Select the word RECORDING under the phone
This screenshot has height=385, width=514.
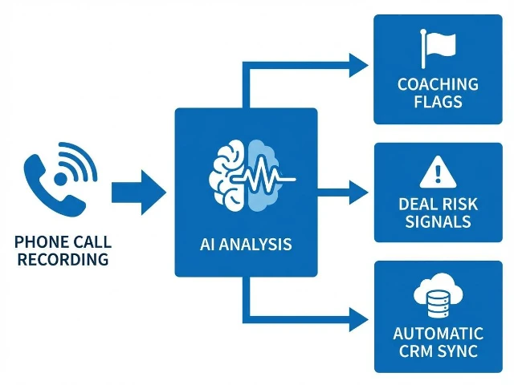[x=63, y=259]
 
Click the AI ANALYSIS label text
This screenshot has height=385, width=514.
[x=246, y=243]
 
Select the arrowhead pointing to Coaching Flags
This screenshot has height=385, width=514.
[x=357, y=64]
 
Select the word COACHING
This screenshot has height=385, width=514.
[x=438, y=84]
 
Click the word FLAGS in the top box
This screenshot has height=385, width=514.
[x=438, y=102]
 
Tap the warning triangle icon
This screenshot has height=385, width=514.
[x=438, y=171]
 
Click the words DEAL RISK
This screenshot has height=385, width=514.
[x=438, y=205]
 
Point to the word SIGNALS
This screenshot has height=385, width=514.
[x=438, y=222]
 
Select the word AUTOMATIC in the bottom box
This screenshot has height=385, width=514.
[x=438, y=333]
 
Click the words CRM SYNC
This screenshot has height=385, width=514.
[x=438, y=351]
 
